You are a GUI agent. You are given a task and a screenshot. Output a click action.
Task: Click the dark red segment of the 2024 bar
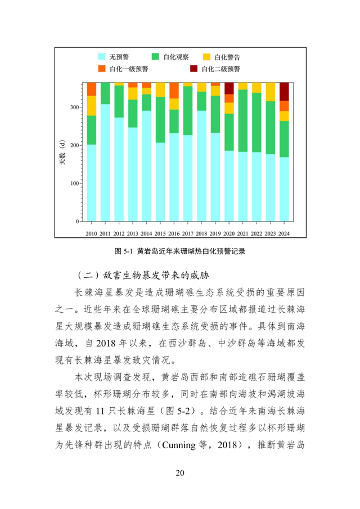[284, 91]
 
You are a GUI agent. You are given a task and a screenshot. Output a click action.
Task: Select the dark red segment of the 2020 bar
[229, 88]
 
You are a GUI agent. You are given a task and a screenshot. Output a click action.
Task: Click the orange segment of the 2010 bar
[91, 89]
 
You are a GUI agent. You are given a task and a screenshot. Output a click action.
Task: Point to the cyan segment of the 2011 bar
[105, 163]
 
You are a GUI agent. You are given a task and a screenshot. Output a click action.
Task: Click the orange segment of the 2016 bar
[174, 90]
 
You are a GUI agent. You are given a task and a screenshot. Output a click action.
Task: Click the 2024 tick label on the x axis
[284, 232]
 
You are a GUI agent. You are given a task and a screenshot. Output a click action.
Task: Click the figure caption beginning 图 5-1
[180, 251]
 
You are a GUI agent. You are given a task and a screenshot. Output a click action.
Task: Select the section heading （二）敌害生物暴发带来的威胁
[145, 276]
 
